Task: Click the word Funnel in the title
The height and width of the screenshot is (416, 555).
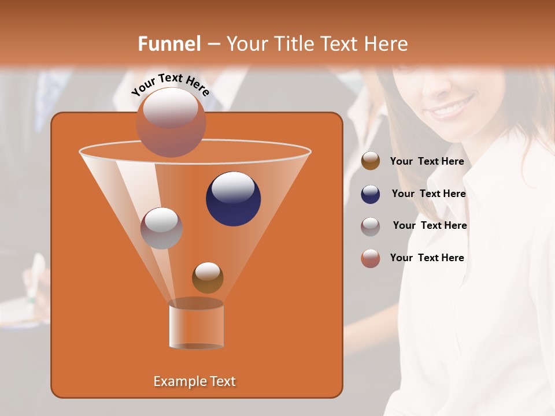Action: point(169,44)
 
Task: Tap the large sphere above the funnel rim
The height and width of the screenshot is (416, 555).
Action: point(171,122)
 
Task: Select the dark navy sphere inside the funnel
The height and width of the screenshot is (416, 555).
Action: point(233,199)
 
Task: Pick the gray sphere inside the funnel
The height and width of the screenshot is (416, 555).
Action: point(161,228)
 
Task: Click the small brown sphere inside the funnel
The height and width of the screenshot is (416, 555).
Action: point(208,277)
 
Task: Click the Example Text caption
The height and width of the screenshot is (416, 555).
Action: point(194,381)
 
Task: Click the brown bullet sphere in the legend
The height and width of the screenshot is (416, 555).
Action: point(371,161)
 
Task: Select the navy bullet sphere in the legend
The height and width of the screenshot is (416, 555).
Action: point(371,194)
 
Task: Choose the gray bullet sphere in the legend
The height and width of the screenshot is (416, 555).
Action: point(371,226)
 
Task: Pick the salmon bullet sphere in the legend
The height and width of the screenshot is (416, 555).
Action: point(371,258)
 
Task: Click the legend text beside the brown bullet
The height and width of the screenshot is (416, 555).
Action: point(427,161)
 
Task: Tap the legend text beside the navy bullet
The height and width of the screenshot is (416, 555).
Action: point(428,194)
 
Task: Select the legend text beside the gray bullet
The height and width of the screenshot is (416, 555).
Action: point(430,225)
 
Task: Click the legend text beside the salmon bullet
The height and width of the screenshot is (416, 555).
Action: point(427,258)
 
